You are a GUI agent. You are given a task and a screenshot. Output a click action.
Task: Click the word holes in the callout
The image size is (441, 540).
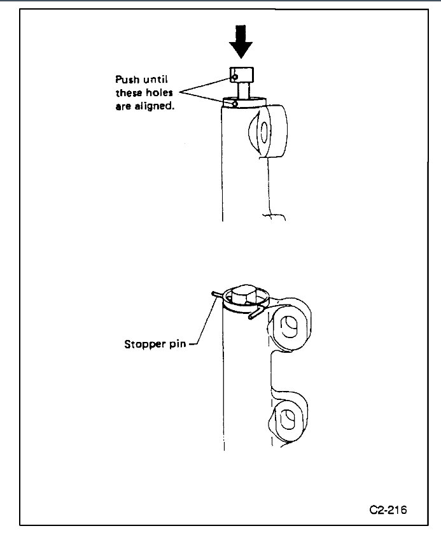tap(159, 93)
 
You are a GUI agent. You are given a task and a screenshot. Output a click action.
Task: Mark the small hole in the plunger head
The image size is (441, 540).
tap(235, 77)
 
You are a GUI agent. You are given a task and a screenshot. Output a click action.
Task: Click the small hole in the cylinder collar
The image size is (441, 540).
tap(235, 103)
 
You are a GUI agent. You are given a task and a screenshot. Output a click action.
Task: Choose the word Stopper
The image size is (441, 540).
tap(146, 345)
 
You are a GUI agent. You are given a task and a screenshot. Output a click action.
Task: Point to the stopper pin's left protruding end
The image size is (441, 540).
tap(214, 294)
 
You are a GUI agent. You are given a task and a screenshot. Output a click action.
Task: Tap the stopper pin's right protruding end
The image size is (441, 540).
tap(255, 313)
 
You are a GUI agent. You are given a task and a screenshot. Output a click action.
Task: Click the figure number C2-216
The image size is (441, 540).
tap(388, 509)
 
